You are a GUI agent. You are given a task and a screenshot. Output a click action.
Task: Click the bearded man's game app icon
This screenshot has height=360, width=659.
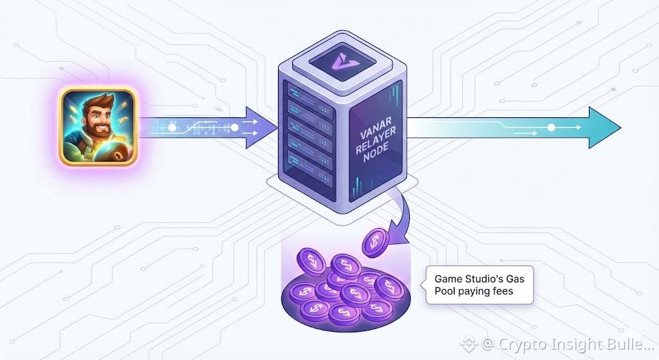[98, 127]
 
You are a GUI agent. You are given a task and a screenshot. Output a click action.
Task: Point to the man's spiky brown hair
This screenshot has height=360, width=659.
[97, 102]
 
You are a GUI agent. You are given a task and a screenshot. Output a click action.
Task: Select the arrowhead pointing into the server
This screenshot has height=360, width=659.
[260, 129]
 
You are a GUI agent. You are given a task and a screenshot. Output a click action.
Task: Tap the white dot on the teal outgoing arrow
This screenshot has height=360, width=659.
[551, 128]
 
